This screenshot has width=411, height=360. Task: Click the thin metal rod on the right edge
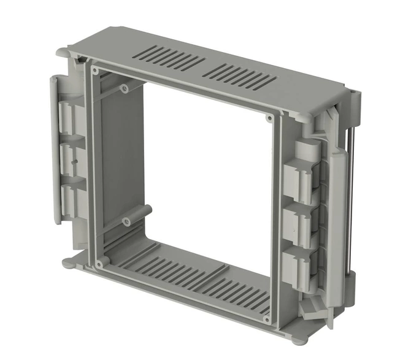[x=352, y=202]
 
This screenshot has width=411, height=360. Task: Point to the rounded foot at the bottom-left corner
[x=68, y=263]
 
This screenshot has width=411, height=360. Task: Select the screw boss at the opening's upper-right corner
[x=269, y=118]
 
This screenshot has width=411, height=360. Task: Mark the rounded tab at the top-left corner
[x=64, y=54]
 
